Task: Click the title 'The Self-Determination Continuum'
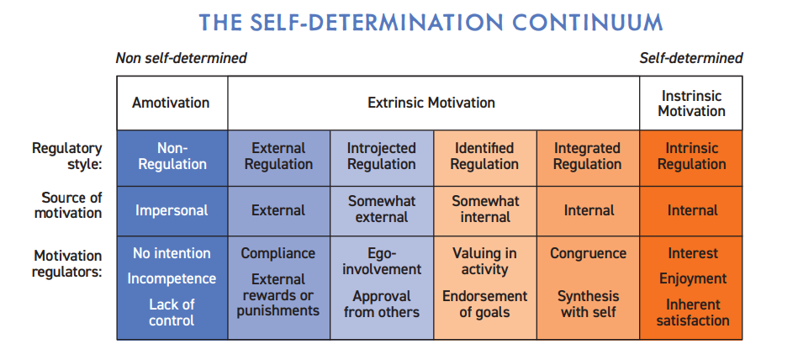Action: [431, 23]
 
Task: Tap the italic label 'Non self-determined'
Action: [181, 58]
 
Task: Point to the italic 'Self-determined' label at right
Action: [691, 58]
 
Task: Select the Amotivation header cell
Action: [172, 103]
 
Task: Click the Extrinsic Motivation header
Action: [431, 103]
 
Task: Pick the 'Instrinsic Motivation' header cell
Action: [692, 103]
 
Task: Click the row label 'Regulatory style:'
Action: [67, 156]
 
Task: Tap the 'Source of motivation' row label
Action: [68, 205]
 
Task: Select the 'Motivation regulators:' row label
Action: [67, 263]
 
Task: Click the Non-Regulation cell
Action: [172, 158]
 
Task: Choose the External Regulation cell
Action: [279, 158]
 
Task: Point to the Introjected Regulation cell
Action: [382, 158]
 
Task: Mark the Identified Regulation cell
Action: [484, 158]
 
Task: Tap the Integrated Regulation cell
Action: [588, 158]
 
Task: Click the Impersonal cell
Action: [172, 211]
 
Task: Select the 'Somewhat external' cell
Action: [382, 211]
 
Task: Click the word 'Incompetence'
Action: [172, 279]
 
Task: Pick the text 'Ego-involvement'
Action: [382, 262]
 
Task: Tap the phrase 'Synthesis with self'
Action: [589, 304]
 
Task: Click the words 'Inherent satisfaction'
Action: [693, 313]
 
